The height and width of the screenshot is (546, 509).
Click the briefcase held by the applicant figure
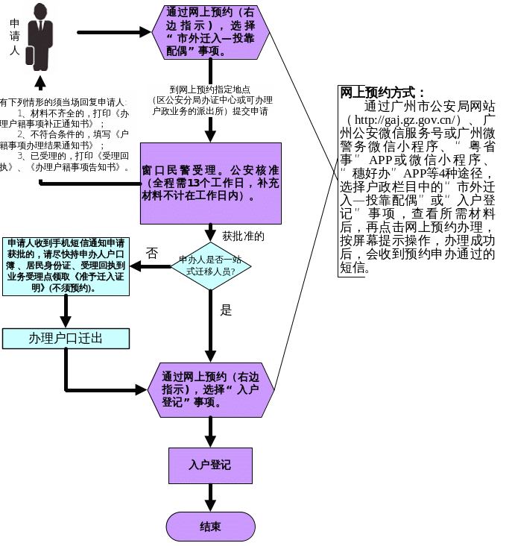click(30, 55)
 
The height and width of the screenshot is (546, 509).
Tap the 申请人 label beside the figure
click(14, 38)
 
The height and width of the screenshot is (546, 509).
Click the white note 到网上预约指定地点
click(210, 100)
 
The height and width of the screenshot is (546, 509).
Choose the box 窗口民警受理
click(211, 183)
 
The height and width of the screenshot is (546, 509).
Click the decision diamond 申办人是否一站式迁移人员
click(211, 266)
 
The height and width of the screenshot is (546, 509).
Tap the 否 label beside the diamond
click(151, 253)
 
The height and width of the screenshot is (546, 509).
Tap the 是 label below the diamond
click(226, 310)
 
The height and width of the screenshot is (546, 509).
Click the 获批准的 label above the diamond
click(243, 236)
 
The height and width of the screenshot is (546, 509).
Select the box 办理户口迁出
click(66, 339)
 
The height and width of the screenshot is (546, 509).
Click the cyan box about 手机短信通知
click(66, 266)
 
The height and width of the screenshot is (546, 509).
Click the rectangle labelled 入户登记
click(210, 465)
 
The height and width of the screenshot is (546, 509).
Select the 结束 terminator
click(210, 527)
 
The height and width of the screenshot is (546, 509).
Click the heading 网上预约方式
click(382, 92)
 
